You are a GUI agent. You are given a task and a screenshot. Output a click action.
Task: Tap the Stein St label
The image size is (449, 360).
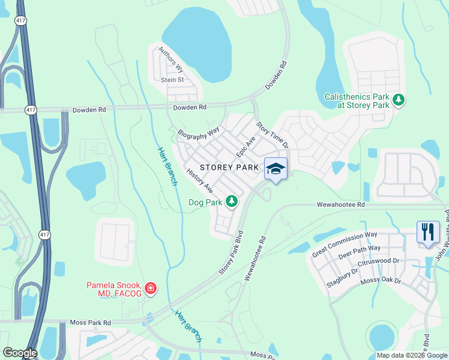[x=172, y=79]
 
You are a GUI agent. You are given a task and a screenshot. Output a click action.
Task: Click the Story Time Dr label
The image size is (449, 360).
[x=273, y=136]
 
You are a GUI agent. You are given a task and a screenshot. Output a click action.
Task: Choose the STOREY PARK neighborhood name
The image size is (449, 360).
[x=229, y=167]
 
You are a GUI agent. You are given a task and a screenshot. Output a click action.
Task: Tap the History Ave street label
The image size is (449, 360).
[x=200, y=180]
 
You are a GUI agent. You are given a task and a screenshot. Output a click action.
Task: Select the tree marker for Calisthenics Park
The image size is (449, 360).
[x=397, y=100]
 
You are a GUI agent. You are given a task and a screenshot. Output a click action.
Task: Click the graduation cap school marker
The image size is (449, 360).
[x=276, y=169]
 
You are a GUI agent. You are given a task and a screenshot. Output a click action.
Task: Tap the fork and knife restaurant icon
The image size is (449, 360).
[x=428, y=232]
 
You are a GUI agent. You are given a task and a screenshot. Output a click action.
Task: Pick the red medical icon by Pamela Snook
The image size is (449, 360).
[x=151, y=289]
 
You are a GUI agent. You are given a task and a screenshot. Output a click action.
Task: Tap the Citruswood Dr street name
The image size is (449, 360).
[x=379, y=261]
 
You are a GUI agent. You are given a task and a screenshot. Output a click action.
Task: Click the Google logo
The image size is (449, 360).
[x=20, y=353]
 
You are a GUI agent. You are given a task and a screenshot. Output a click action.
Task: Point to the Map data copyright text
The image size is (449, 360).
[x=411, y=355]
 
